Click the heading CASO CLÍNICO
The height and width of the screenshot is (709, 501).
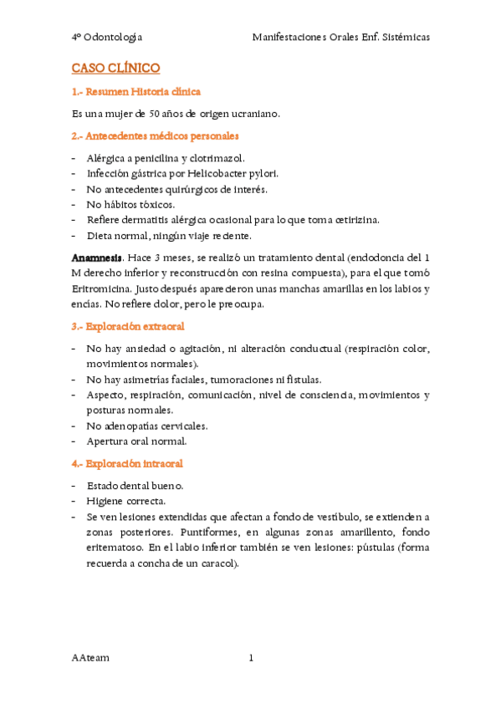(115, 68)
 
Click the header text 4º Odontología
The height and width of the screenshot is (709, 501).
(107, 38)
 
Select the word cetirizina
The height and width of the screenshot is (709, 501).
(352, 220)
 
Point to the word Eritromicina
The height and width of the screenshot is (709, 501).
(103, 289)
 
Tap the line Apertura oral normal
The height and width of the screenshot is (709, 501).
(136, 441)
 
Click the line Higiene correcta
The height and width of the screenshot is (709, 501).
(125, 502)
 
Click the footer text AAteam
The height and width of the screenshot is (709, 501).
(90, 658)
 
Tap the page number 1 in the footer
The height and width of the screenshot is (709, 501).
(250, 658)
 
